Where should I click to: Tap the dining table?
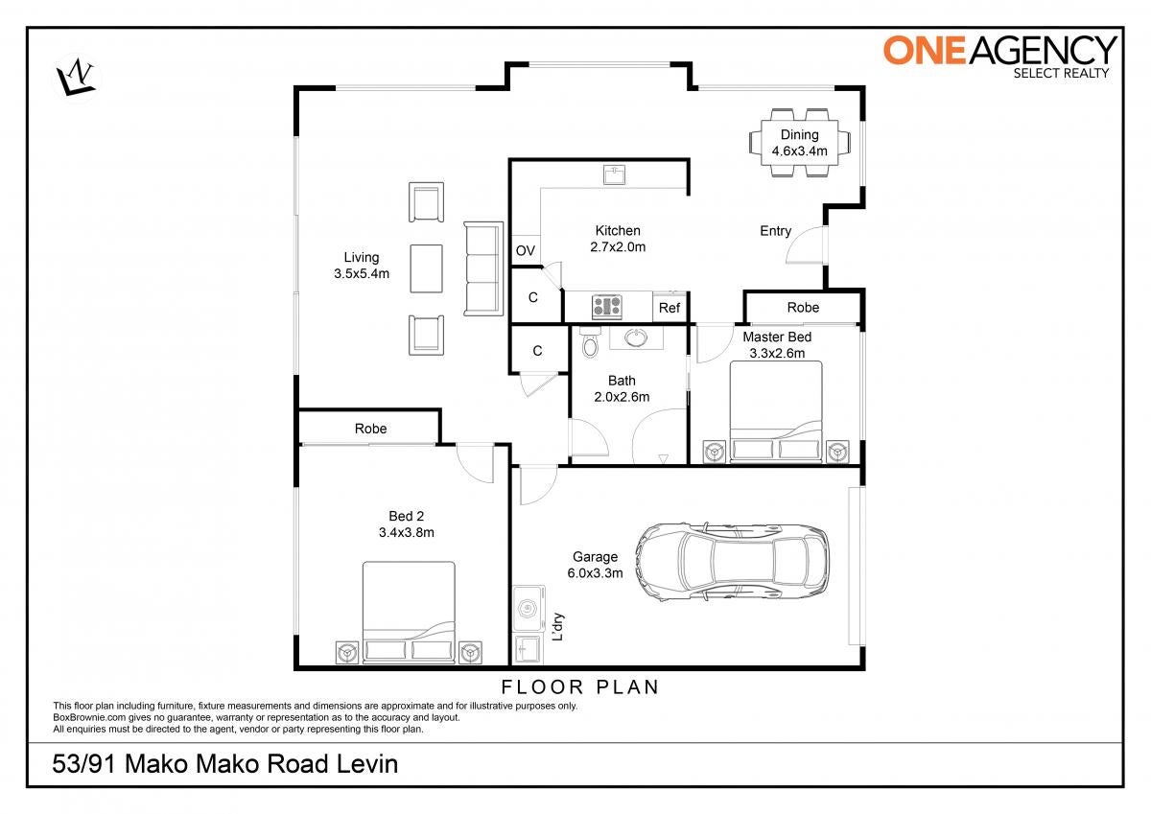click(x=799, y=142)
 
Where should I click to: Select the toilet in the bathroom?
click(x=591, y=341)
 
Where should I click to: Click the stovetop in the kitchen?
click(x=607, y=307)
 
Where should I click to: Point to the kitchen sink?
click(x=614, y=174)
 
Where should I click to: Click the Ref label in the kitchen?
click(x=669, y=308)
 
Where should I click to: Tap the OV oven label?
click(x=526, y=250)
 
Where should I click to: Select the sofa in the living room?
click(x=483, y=268)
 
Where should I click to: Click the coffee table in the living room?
click(x=426, y=268)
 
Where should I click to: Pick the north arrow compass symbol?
click(x=76, y=78)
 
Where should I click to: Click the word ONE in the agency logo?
click(x=924, y=51)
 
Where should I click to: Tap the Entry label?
click(x=775, y=231)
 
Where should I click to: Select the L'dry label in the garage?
click(x=557, y=626)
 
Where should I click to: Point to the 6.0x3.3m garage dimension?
click(x=595, y=573)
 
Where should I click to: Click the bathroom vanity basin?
click(x=636, y=337)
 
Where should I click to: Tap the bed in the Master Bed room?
click(x=776, y=411)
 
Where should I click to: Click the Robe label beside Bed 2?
click(x=370, y=429)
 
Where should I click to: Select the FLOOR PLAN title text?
click(x=580, y=687)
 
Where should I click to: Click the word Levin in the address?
click(x=367, y=764)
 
